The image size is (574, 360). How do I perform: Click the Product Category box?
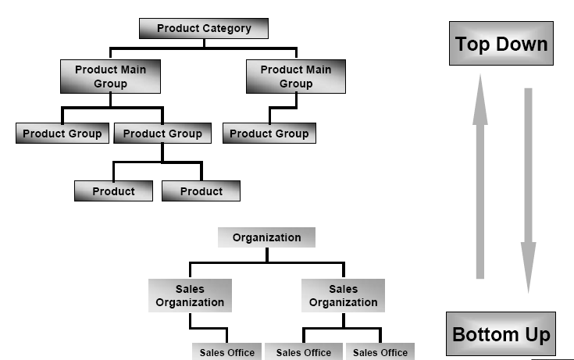(x=204, y=29)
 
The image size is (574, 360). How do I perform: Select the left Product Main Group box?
(x=110, y=77)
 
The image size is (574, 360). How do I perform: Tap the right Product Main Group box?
(x=296, y=77)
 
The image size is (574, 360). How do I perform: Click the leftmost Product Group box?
(x=62, y=134)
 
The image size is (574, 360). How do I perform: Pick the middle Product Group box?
(x=162, y=134)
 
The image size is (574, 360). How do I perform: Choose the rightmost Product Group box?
(x=269, y=134)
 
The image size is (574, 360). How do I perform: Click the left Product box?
(x=114, y=191)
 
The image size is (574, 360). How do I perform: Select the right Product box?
(x=201, y=191)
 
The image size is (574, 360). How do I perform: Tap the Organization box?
(x=266, y=237)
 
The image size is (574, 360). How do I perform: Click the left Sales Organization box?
(x=190, y=296)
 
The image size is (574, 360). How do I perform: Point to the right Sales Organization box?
(x=343, y=296)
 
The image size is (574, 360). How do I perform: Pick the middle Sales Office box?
(x=303, y=352)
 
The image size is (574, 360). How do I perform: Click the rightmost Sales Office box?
(x=380, y=352)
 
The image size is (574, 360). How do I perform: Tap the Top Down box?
(x=501, y=44)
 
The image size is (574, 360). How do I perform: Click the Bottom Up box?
(x=501, y=335)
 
